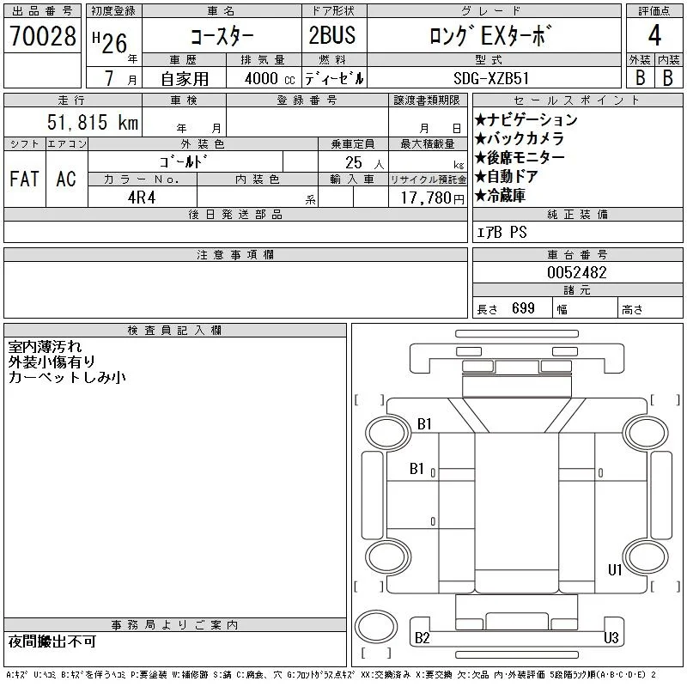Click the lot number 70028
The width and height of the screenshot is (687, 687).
[x=42, y=35]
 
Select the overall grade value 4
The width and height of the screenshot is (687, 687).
[x=654, y=35]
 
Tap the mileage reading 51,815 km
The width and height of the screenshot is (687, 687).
[x=93, y=122]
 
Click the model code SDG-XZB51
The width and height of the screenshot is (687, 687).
[x=491, y=78]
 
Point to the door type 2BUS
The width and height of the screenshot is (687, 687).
[x=332, y=35]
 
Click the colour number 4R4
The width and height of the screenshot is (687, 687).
[x=142, y=198]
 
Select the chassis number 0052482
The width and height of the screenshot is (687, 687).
[x=576, y=272]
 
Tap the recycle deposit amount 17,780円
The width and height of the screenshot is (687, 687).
[x=433, y=198]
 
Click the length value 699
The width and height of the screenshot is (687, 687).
[x=523, y=308]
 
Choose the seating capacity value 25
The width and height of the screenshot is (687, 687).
[x=354, y=162]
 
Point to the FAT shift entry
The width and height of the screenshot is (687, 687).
[x=24, y=179]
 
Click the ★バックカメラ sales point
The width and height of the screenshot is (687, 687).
[x=520, y=138]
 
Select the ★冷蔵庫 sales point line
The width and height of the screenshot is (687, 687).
[x=501, y=196]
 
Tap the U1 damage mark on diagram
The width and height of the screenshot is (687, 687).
[x=615, y=569]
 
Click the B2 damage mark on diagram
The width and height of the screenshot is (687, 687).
[x=423, y=638]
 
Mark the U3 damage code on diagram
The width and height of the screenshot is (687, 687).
[x=611, y=637]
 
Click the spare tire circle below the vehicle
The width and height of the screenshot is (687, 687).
[x=376, y=627]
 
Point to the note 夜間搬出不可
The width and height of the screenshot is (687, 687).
[x=52, y=641]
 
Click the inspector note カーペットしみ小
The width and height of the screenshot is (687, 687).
[x=67, y=378]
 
